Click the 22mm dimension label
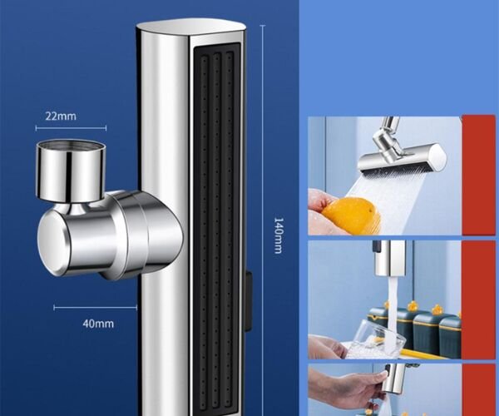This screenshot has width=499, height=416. (x=61, y=116)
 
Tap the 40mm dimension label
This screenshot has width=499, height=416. (x=98, y=324)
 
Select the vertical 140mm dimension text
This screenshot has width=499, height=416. (x=279, y=235)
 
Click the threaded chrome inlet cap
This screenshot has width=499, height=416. (x=71, y=171)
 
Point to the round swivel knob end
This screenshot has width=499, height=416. (x=52, y=243)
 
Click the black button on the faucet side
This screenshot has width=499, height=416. (x=249, y=301)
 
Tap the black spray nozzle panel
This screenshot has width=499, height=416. (x=215, y=229)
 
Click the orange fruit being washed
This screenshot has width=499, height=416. (x=353, y=215)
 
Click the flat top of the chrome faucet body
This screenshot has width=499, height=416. (x=191, y=27)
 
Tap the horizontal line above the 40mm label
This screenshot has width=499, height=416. (x=95, y=308)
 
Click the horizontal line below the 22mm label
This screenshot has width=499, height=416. (x=71, y=128)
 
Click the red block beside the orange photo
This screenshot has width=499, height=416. (x=479, y=175)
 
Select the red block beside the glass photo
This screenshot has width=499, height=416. (x=479, y=300)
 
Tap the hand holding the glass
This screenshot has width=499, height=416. (x=328, y=347)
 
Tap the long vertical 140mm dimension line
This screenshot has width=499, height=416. (x=263, y=220)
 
